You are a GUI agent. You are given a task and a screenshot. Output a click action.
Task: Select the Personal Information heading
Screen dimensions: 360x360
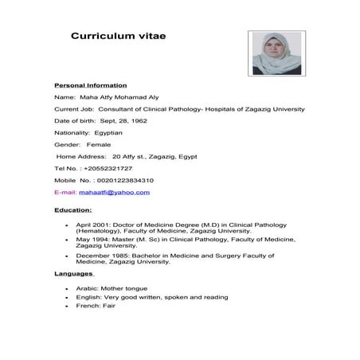pyautogui.click(x=90, y=84)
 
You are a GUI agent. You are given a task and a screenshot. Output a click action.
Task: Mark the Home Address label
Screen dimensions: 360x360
pyautogui.click(x=82, y=156)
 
